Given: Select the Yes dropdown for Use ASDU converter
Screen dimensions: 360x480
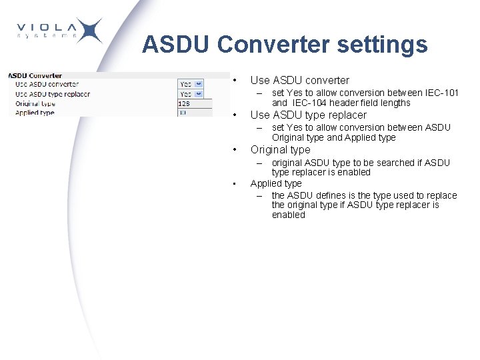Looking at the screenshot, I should coord(191,84).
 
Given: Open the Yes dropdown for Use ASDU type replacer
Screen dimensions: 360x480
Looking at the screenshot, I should coord(191,94).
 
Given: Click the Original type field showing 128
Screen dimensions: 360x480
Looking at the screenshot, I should coord(194,104).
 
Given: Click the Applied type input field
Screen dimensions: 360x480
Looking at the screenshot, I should coord(194,113).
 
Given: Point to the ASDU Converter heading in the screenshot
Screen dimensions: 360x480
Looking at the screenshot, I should coord(35,75).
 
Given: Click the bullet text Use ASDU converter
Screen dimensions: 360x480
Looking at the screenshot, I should coord(299,80).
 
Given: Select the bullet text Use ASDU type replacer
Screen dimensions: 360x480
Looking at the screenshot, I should coord(308,115).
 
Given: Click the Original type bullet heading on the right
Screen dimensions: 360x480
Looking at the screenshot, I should coord(280,149).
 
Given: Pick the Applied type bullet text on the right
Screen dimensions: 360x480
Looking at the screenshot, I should coord(276,183).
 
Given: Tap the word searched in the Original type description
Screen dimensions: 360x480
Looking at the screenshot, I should coord(399,163).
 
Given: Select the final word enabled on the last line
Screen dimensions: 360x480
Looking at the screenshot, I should coord(288,215).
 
